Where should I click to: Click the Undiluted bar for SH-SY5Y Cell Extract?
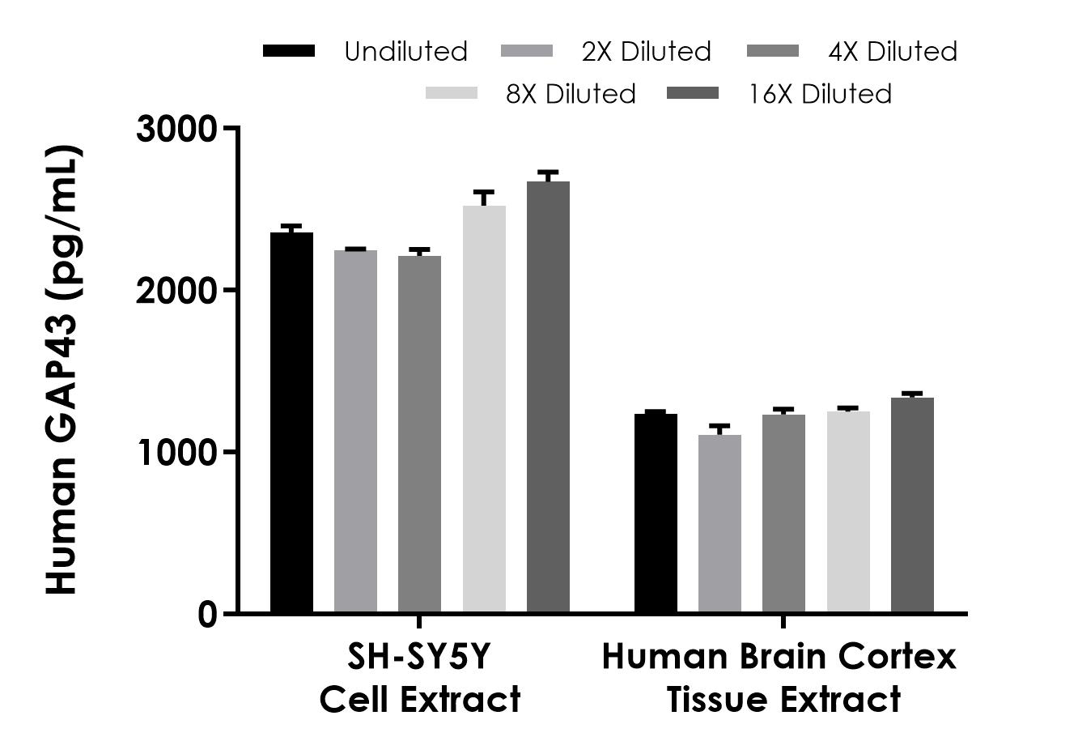pyautogui.click(x=291, y=422)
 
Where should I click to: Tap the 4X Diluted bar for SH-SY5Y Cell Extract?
pyautogui.click(x=419, y=433)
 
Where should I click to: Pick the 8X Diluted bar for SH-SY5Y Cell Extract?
pyautogui.click(x=484, y=409)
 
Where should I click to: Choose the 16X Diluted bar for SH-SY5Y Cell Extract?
pyautogui.click(x=548, y=397)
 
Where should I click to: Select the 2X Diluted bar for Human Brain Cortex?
pyautogui.click(x=719, y=523)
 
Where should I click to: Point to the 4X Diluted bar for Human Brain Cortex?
pyautogui.click(x=783, y=513)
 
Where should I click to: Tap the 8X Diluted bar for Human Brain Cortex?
pyautogui.click(x=848, y=512)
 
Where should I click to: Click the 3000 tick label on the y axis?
pyautogui.click(x=176, y=129)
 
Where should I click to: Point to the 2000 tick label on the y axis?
pyautogui.click(x=176, y=291)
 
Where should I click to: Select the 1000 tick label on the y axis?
pyautogui.click(x=176, y=452)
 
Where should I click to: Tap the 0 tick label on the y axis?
pyautogui.click(x=207, y=614)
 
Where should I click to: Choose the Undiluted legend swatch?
pyautogui.click(x=289, y=51)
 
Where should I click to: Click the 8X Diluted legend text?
pyautogui.click(x=571, y=94)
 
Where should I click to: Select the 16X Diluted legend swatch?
pyautogui.click(x=693, y=94)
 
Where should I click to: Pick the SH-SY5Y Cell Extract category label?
pyautogui.click(x=419, y=678)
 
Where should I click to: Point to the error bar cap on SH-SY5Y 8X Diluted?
pyautogui.click(x=484, y=192)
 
